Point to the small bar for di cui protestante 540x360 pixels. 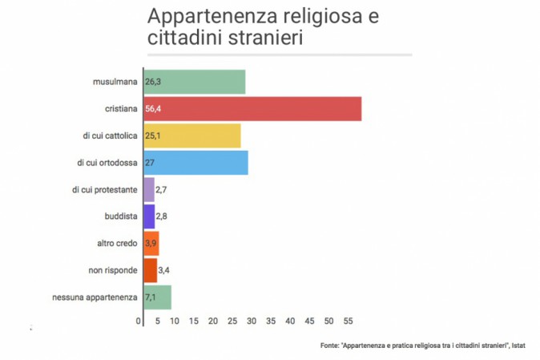tap(149, 189)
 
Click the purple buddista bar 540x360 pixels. tap(149, 216)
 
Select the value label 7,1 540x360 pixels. tap(153, 297)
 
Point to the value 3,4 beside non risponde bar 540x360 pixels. tap(165, 270)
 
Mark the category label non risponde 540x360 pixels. tap(114, 270)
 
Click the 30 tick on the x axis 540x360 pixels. tap(252, 322)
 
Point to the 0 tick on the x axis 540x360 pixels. tap(139, 322)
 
